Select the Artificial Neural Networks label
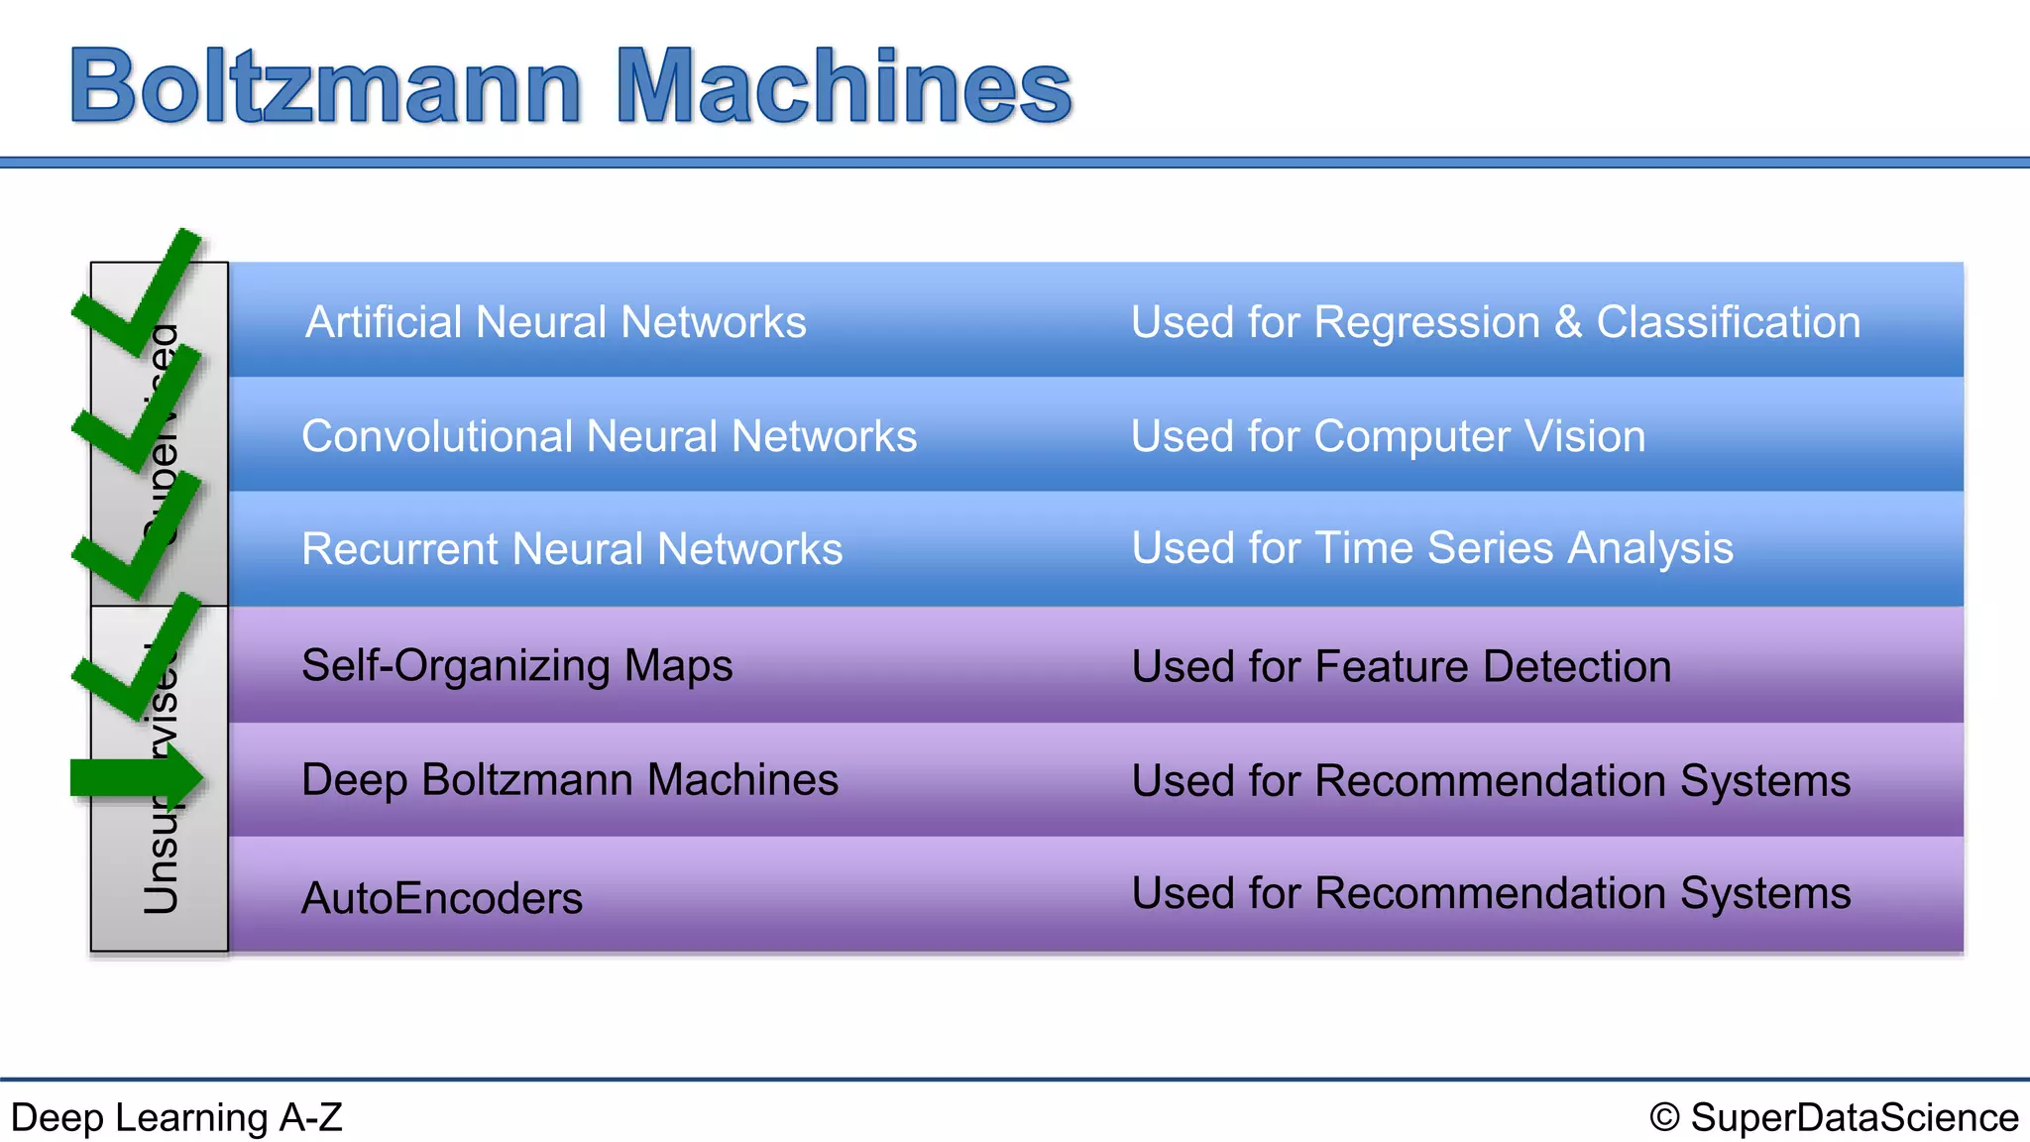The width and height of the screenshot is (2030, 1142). pos(555,322)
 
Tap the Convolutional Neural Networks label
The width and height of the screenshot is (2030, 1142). pos(609,436)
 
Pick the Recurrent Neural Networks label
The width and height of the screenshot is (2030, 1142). pos(572,549)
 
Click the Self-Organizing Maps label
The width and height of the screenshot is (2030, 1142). pos(516,665)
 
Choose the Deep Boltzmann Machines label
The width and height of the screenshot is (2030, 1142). pos(570,780)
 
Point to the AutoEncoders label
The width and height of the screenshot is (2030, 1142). pos(442,898)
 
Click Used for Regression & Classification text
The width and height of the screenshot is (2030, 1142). pos(1495,322)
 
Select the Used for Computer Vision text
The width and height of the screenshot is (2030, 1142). pos(1388,436)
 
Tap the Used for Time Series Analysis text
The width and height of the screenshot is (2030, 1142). pos(1432,548)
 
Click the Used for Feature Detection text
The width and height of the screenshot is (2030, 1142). pos(1401,666)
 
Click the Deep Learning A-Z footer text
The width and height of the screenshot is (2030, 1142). pos(176,1117)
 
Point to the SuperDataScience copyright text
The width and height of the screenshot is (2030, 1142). pos(1834,1117)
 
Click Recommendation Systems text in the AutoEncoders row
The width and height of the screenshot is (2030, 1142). pos(1582,893)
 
